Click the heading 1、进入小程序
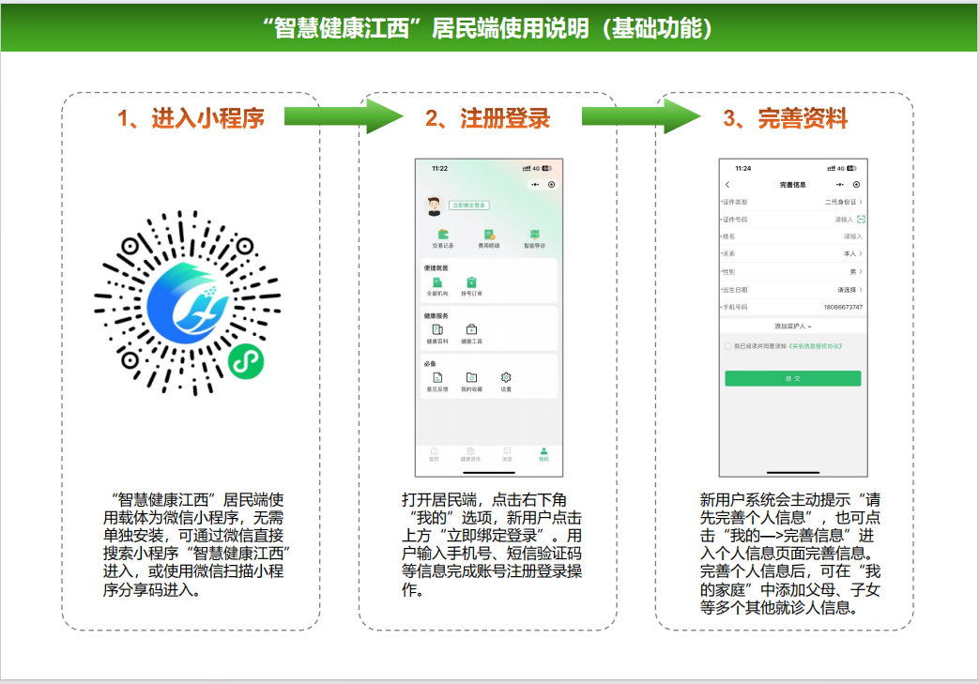point(191,118)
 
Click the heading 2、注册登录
point(487,118)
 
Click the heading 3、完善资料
point(786,118)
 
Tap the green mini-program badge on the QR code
point(246,360)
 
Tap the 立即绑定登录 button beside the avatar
point(468,205)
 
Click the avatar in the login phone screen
point(435,205)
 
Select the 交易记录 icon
point(443,235)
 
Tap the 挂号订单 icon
point(471,282)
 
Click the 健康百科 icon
point(436,330)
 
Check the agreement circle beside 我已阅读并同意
point(729,346)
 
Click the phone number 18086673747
point(842,307)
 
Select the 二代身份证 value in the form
point(842,202)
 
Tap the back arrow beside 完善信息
point(727,185)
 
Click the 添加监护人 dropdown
point(792,326)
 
